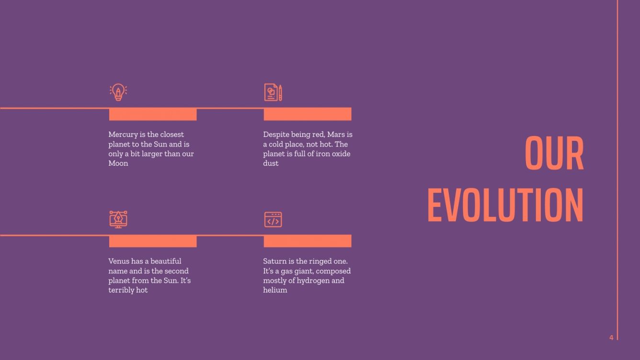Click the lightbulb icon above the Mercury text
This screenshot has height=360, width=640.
coord(118,92)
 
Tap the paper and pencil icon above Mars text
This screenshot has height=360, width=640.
coord(273,92)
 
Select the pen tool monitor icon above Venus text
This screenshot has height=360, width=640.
coord(118,219)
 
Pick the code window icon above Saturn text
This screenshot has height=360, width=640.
coord(273,219)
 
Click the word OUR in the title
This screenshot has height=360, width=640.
coord(554,154)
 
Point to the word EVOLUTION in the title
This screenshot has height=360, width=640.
coord(505,205)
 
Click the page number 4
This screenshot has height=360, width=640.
coord(611,337)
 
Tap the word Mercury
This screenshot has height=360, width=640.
coord(123,135)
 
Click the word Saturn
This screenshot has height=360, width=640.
coord(274,261)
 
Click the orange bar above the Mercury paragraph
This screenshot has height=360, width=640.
coord(153,114)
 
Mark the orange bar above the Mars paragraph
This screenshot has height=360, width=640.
coord(308,114)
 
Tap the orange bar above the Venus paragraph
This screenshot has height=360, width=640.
coord(153,241)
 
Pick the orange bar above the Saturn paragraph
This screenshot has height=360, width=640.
coord(308,241)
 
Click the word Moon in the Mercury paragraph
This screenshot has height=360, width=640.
coord(118,163)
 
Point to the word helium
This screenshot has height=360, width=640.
coord(275,290)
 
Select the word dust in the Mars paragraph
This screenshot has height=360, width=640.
coord(271,163)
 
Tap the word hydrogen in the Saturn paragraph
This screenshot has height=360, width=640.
coord(312,281)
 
